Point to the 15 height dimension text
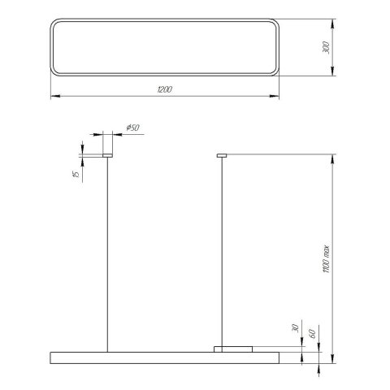[x=74, y=173]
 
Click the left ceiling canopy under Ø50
[x=106, y=154]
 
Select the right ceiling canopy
[x=221, y=154]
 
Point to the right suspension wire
[x=221, y=252]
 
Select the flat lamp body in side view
[x=162, y=356]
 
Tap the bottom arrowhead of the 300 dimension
[x=332, y=75]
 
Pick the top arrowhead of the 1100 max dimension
[x=332, y=156]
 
